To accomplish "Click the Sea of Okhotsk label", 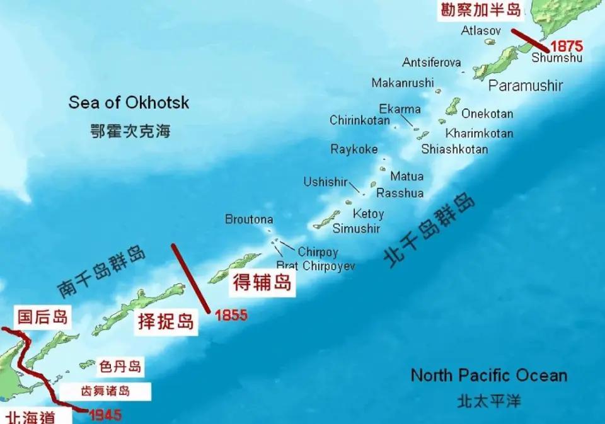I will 129,102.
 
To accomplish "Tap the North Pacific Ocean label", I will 488,375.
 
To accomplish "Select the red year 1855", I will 231,316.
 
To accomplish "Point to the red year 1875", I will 567,46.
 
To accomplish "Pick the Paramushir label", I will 526,86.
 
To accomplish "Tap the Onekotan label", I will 487,114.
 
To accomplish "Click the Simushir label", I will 356,228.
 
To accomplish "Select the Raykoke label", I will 354,149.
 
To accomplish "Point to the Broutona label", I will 249,219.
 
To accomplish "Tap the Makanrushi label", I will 403,83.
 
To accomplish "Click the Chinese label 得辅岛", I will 262,283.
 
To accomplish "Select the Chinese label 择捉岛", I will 166,322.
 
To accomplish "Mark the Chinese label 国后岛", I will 42,317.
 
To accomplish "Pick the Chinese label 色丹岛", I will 120,366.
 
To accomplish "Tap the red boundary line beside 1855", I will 190,277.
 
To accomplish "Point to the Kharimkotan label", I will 479,134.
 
